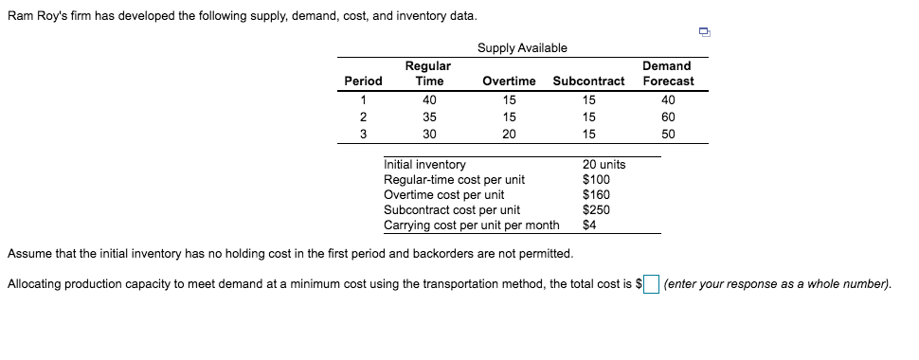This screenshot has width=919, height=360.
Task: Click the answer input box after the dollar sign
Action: click(x=652, y=284)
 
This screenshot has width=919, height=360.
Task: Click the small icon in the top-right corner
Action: click(x=704, y=32)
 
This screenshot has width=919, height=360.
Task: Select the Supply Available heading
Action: click(x=522, y=47)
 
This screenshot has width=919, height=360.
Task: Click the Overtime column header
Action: click(x=509, y=81)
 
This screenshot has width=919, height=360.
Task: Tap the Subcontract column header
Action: click(x=588, y=81)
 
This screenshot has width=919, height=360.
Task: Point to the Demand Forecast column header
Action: click(x=667, y=73)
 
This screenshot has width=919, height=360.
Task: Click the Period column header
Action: click(x=363, y=81)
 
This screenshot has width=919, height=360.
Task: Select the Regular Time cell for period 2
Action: click(x=429, y=117)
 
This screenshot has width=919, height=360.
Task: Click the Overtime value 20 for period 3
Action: click(x=509, y=134)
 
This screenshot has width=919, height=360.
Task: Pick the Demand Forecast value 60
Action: click(x=667, y=117)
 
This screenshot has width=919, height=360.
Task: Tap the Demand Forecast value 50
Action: click(x=667, y=134)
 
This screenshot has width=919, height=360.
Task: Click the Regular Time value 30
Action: click(x=429, y=134)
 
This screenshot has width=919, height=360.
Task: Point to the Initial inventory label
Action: click(x=424, y=165)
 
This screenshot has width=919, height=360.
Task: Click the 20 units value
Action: click(x=604, y=165)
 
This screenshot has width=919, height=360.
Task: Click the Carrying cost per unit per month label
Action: click(x=471, y=225)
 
